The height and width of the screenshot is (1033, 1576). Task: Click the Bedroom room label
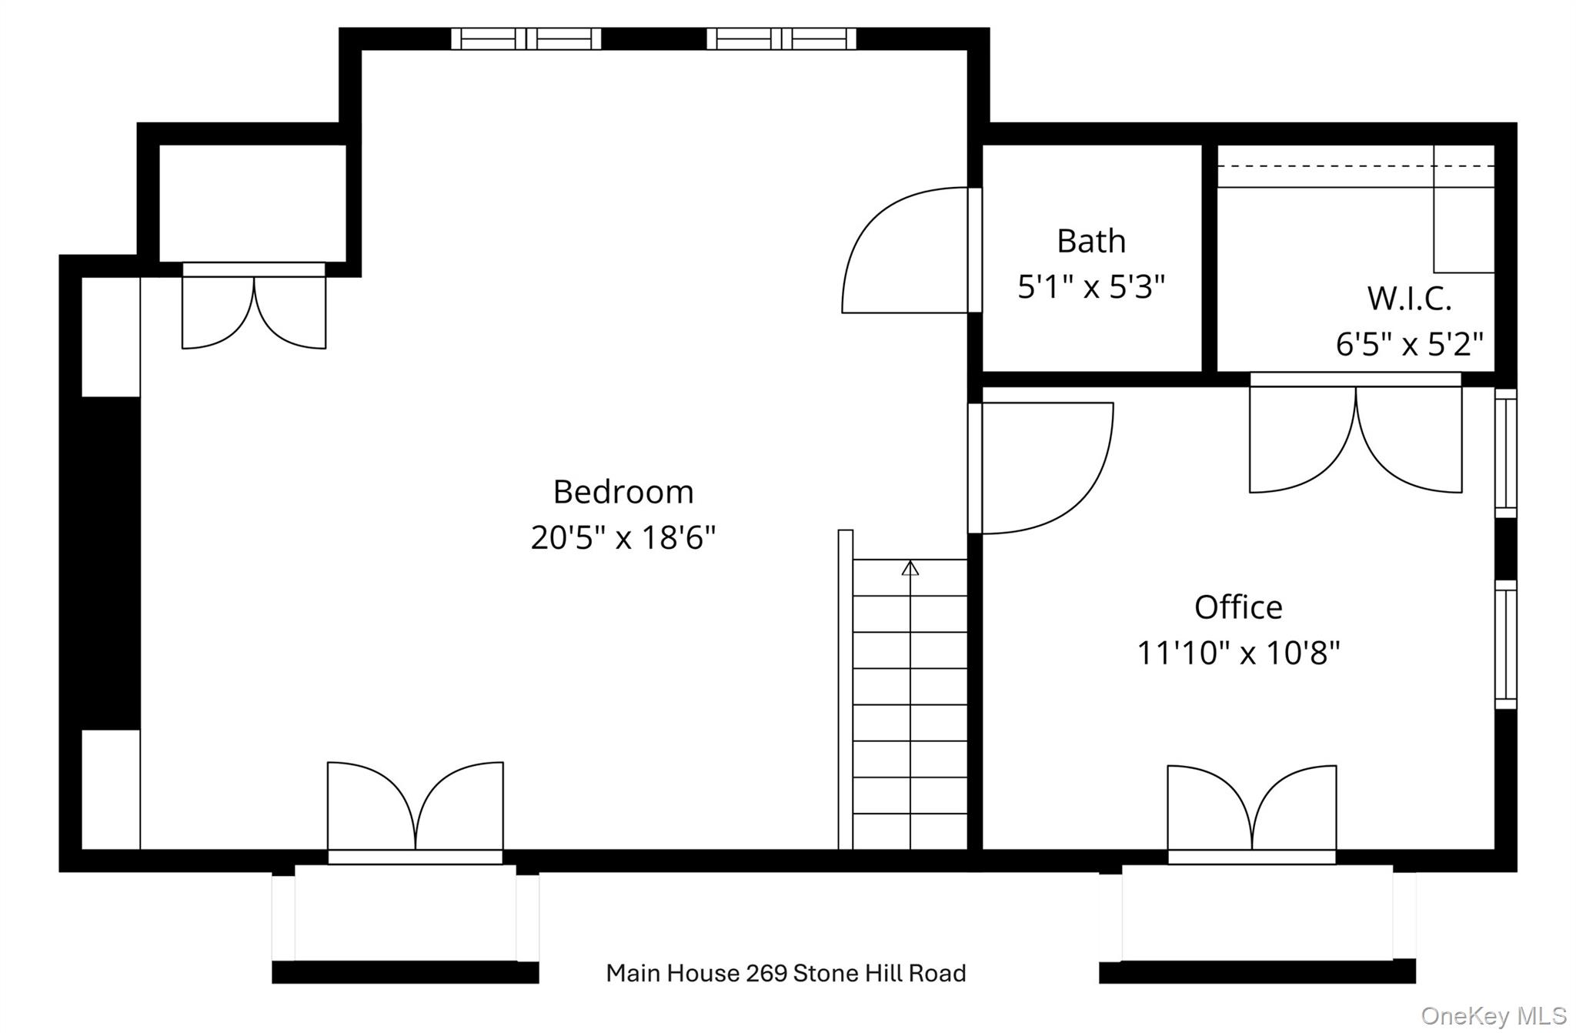pyautogui.click(x=623, y=492)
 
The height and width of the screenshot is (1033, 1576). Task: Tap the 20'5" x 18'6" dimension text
pyautogui.click(x=623, y=537)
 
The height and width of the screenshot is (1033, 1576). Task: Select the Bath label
pyautogui.click(x=1091, y=241)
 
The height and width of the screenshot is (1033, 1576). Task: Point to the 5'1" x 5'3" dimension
pyautogui.click(x=1091, y=287)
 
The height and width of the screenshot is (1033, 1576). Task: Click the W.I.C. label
pyautogui.click(x=1409, y=299)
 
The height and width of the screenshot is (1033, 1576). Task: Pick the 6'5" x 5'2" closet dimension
pyautogui.click(x=1409, y=344)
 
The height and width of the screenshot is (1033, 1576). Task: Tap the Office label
pyautogui.click(x=1238, y=607)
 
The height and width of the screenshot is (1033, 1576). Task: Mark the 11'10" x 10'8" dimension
pyautogui.click(x=1238, y=654)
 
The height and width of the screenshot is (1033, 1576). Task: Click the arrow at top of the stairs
pyautogui.click(x=910, y=568)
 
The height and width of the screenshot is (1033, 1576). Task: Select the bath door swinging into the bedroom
pyautogui.click(x=904, y=254)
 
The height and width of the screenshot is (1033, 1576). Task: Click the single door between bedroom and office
pyautogui.click(x=1047, y=467)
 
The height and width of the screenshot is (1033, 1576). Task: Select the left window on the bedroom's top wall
pyautogui.click(x=526, y=38)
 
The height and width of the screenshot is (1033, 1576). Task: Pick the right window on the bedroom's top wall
pyautogui.click(x=781, y=38)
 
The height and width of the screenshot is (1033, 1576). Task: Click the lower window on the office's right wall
pyautogui.click(x=1506, y=644)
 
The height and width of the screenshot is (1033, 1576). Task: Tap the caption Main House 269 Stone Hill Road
pyautogui.click(x=786, y=973)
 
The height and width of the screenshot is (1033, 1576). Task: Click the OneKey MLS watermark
pyautogui.click(x=1493, y=1016)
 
